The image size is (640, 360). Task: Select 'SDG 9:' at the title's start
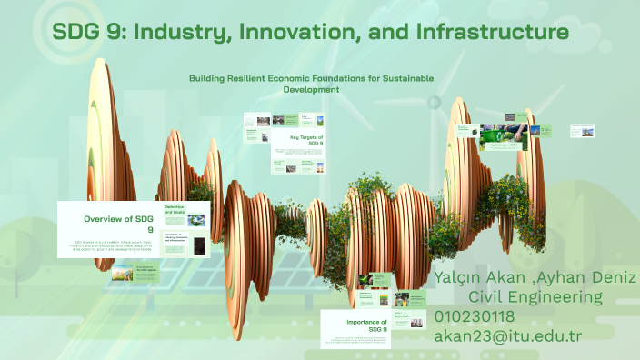(x=88, y=32)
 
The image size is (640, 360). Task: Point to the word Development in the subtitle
(x=311, y=90)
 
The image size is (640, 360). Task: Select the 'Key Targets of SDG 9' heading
(x=307, y=140)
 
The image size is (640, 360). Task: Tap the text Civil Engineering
(x=535, y=296)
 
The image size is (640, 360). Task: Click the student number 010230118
(x=475, y=316)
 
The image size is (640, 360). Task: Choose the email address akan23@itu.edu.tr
(x=507, y=335)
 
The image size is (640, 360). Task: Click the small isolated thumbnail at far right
(x=582, y=131)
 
